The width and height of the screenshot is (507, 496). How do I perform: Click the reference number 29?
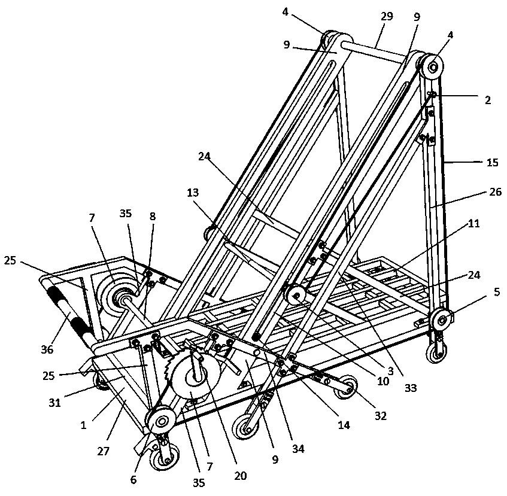387,16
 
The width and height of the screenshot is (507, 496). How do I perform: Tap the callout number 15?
492,162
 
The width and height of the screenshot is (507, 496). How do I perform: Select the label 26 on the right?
495,192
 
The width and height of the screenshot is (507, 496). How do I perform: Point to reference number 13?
193,193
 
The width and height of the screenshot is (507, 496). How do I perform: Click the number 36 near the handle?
47,349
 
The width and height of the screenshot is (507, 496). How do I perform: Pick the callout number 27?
103,451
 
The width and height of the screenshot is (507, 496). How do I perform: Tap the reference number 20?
240,476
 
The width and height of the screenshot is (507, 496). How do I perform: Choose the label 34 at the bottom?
298,449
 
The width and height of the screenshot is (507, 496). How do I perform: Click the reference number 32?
381,416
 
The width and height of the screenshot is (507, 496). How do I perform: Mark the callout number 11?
473,223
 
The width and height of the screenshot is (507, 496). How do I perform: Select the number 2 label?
488,100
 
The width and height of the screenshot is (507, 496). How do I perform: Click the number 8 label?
152,216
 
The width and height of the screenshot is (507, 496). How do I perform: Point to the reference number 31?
54,403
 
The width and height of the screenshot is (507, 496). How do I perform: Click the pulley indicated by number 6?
160,421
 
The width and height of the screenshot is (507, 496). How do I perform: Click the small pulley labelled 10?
295,296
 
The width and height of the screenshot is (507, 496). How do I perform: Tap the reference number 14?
344,425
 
